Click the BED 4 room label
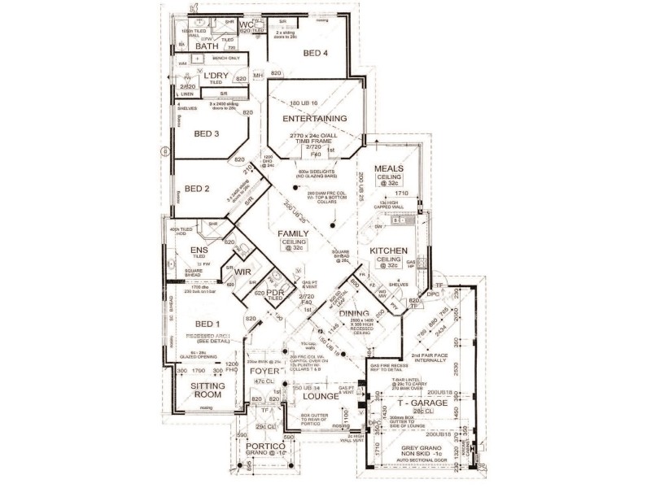click(x=316, y=54)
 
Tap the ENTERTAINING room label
click(x=315, y=118)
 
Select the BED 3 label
click(x=207, y=133)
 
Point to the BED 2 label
click(x=197, y=189)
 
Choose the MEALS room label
click(x=389, y=168)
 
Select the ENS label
click(x=199, y=250)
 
